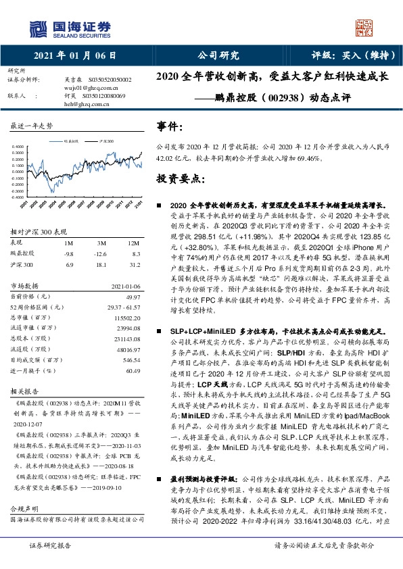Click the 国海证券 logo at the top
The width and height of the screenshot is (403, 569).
coord(70,27)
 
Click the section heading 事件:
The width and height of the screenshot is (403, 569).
coord(170,126)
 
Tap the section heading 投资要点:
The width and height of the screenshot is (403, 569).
coord(180,179)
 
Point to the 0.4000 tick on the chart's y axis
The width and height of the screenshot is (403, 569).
coord(19,146)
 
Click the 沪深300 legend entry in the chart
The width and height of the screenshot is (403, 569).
coord(105,141)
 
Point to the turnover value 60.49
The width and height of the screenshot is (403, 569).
coord(133,370)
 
